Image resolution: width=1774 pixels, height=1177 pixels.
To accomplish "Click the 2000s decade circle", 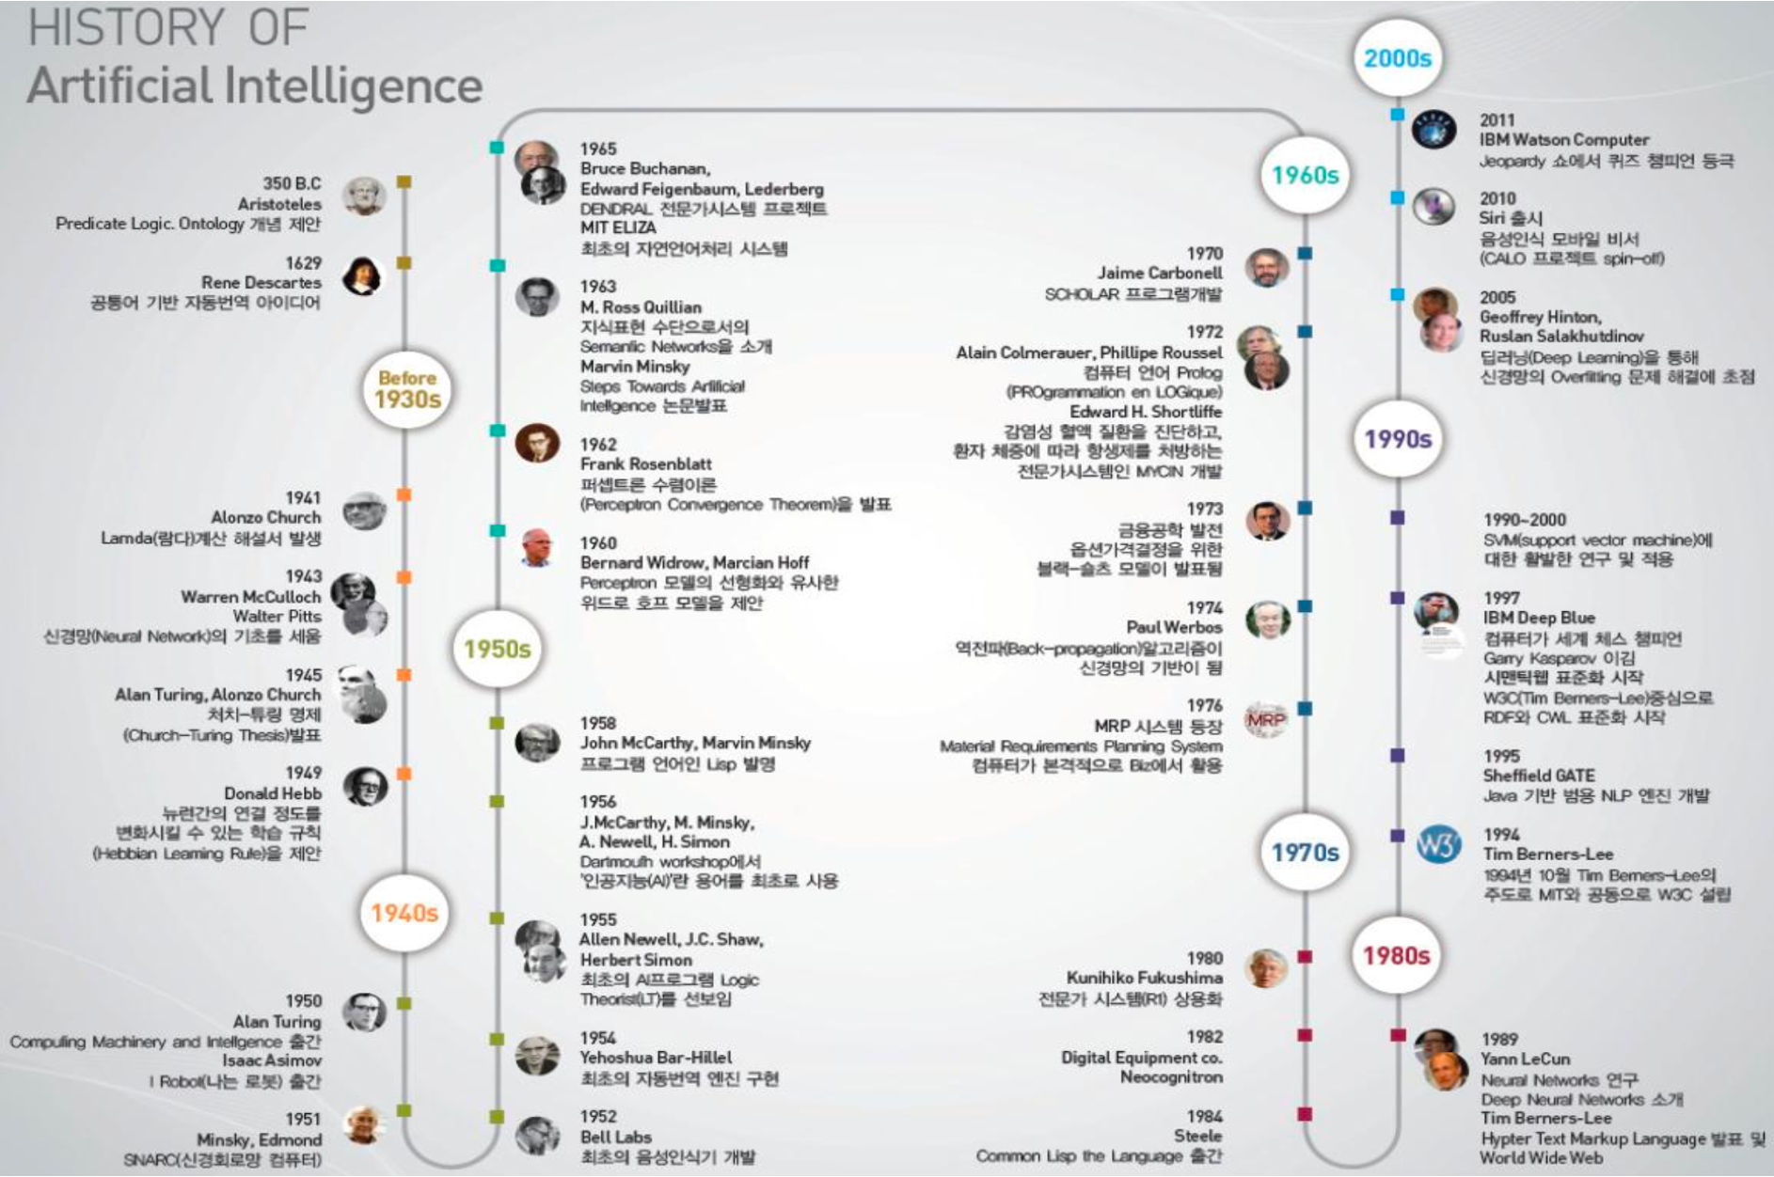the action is point(1397,58).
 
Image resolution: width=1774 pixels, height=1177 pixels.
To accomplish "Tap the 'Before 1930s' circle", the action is point(407,389).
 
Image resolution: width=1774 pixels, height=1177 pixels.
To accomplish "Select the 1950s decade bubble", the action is point(497,649).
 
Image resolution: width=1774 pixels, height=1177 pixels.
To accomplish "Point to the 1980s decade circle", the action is point(1397,955).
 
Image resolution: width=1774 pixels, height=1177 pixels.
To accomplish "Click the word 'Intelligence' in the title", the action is point(353,86).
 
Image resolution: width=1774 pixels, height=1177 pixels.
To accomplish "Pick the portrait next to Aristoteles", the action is point(364,196).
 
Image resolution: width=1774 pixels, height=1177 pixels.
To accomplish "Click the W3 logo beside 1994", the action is point(1438,844).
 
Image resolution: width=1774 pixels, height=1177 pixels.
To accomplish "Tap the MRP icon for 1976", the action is point(1266,721).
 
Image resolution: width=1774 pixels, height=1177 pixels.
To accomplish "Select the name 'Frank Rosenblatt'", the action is point(645,464).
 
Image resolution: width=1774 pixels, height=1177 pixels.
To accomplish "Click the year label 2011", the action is point(1497,120).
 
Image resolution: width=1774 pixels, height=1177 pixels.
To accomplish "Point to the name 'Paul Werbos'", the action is point(1174,627).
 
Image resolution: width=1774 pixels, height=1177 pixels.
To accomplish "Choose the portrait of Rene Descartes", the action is point(363,275).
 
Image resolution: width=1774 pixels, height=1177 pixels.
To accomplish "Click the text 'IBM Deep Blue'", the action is point(1539,618).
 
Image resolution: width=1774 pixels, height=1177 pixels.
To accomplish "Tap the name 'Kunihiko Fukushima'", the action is point(1144,978).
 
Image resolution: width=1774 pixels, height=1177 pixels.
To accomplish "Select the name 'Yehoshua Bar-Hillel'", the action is point(656,1058).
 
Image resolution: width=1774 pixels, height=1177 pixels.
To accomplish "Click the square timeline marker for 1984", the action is point(1305,1114).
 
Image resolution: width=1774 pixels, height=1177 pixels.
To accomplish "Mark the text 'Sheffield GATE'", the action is point(1539,776).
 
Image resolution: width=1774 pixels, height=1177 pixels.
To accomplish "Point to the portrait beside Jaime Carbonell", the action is point(1266,268).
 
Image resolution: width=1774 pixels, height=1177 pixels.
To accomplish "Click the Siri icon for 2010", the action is point(1433,206).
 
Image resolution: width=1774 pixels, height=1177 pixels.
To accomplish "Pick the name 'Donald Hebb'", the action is point(273,793).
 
